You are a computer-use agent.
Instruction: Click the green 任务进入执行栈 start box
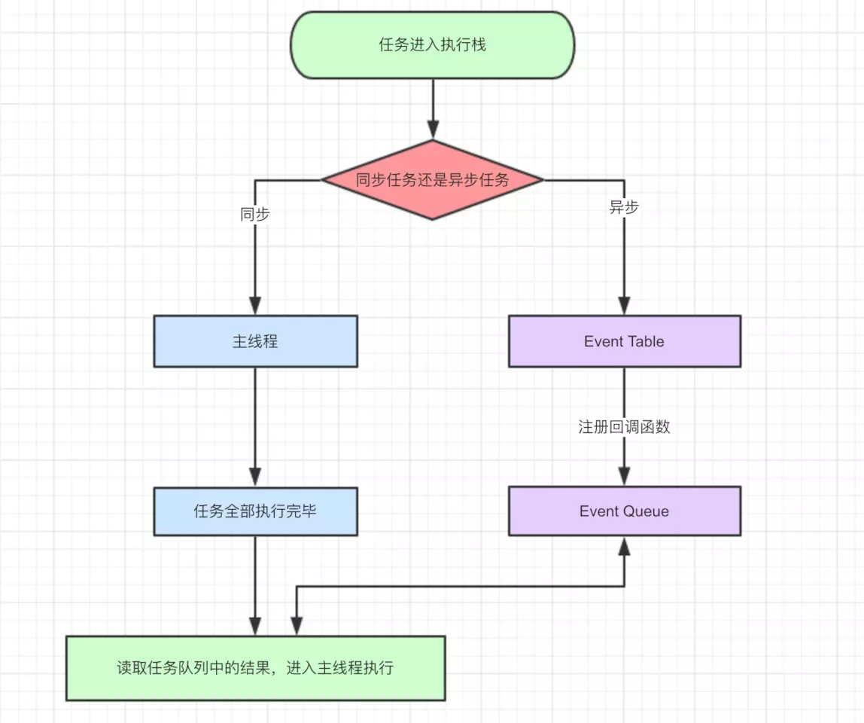click(432, 45)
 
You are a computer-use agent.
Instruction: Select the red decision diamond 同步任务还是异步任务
click(432, 180)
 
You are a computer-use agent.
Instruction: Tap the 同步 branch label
click(255, 214)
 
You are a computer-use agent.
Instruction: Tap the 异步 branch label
click(624, 208)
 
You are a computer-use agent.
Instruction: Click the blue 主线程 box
click(255, 341)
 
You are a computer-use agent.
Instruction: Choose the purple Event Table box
click(624, 341)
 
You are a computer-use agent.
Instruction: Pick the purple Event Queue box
click(624, 511)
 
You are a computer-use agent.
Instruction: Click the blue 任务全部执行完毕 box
click(255, 511)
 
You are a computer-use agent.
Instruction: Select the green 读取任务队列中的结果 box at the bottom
click(255, 668)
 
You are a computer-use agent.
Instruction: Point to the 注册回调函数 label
click(624, 427)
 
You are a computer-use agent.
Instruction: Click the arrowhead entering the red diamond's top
click(433, 129)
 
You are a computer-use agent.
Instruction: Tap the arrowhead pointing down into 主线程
click(255, 305)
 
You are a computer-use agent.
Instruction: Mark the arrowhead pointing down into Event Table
click(624, 305)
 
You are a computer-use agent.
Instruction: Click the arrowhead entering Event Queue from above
click(624, 476)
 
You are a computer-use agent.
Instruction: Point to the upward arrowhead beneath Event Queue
click(624, 547)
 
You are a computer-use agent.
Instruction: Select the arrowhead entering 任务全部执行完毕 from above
click(255, 476)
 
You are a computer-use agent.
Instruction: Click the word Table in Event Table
click(645, 341)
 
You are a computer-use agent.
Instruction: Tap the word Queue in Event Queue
click(643, 511)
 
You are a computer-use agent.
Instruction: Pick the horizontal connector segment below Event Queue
click(459, 587)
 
